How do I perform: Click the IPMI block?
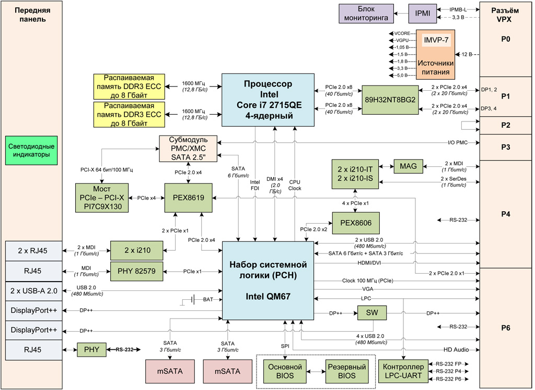click(423, 14)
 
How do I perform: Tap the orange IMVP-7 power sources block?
click(436, 54)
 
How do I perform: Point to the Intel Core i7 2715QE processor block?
click(268, 100)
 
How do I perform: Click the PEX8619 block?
click(188, 198)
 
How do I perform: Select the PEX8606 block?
click(356, 223)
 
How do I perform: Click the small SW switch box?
click(369, 313)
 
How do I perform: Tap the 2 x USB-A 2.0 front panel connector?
click(34, 290)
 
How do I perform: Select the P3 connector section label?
click(505, 147)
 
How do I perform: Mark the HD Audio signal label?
click(453, 349)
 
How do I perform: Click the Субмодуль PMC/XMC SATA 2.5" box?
click(189, 149)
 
